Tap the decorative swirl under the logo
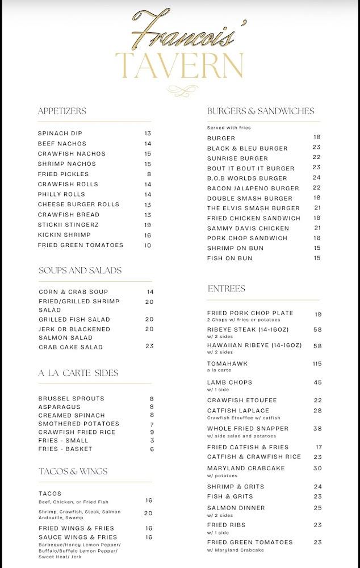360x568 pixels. [180, 90]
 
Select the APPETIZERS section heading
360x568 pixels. [62, 111]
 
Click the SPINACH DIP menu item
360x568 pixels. [60, 133]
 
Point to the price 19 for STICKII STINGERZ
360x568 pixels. [148, 225]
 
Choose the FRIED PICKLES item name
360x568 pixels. [64, 174]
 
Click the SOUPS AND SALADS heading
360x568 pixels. [80, 270]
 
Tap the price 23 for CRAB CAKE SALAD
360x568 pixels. [149, 346]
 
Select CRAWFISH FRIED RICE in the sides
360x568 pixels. [77, 432]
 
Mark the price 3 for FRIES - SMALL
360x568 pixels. [152, 441]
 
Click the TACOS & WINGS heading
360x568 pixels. [73, 471]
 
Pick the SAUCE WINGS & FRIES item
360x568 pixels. [78, 537]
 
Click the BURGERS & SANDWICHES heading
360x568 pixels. [260, 111]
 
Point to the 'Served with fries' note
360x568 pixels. [229, 128]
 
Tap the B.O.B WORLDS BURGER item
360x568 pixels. [247, 178]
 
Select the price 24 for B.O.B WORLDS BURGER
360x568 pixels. [316, 177]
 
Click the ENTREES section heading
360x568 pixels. [226, 289]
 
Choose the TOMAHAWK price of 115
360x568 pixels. [317, 364]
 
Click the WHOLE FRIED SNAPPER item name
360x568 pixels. [248, 428]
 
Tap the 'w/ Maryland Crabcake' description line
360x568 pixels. [236, 550]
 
